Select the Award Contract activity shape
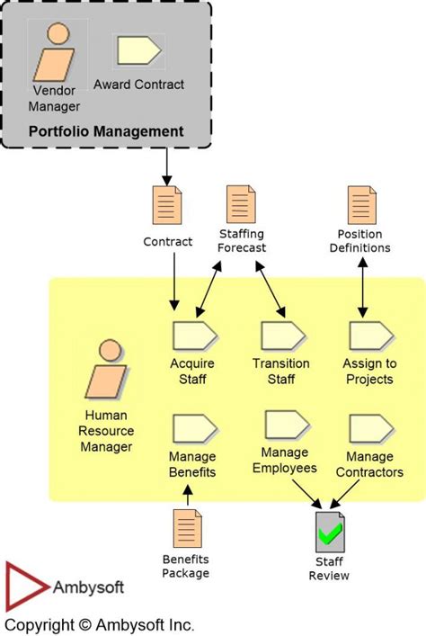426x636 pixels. [138, 51]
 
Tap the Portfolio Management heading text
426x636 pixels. [106, 131]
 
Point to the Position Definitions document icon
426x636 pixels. [362, 204]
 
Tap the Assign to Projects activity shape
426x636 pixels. [369, 336]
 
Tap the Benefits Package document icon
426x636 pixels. [187, 528]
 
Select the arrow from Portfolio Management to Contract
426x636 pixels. [167, 165]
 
